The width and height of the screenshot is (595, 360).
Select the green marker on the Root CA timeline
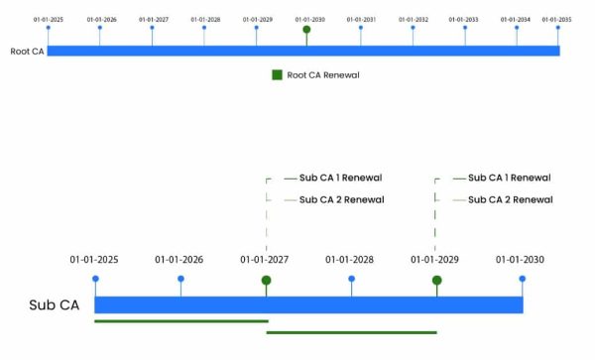point(306,30)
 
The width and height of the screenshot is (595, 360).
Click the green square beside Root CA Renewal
point(278,74)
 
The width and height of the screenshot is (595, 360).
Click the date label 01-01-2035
point(556,19)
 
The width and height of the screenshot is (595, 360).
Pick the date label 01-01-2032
point(413,19)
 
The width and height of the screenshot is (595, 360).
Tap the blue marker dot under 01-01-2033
point(464,29)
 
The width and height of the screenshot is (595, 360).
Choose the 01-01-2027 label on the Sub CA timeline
point(265,260)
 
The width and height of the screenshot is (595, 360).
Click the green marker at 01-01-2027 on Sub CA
point(266,281)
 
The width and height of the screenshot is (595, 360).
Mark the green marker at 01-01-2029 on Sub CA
point(436,281)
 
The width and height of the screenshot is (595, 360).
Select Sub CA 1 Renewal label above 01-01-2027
point(340,179)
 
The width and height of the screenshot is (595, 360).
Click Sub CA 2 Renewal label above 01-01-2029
point(510,199)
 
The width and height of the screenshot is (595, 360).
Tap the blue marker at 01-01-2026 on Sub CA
point(180,280)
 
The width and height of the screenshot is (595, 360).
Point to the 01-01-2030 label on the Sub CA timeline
point(521,260)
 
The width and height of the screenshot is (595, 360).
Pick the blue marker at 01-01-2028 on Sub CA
point(351,280)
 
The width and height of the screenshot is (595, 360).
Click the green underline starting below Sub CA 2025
point(180,320)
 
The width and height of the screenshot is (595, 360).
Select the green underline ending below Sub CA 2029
point(351,332)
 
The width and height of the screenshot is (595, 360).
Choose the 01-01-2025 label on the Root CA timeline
point(48,19)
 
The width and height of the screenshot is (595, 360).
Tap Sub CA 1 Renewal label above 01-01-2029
point(510,179)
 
